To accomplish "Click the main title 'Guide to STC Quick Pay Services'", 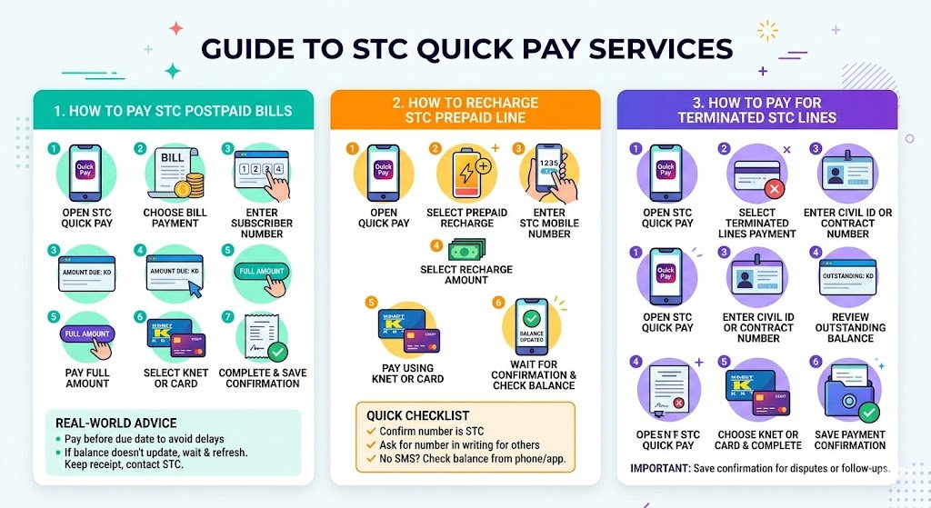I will pos(465,47).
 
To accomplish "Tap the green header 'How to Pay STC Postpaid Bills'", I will pos(173,111).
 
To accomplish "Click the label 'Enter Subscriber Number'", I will pos(262,224).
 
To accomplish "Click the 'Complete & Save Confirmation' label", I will pos(262,378).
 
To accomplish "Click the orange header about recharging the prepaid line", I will pos(465,109).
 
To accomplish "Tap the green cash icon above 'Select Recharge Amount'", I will pos(465,250).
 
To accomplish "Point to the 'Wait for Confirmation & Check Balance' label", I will pos(534,375).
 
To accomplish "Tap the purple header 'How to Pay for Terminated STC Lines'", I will pos(756,110).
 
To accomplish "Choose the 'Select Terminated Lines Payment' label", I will pos(757,224).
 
